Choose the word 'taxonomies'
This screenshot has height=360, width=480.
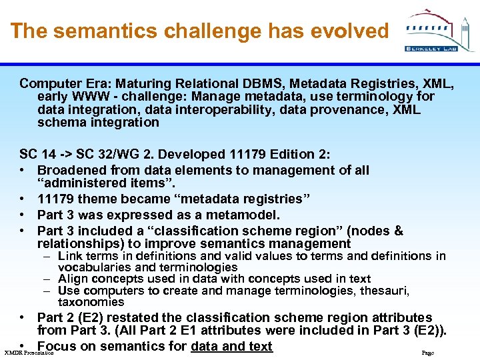(x=91, y=302)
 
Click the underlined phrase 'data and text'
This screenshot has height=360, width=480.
(x=231, y=346)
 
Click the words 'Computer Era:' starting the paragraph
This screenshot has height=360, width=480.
(x=63, y=84)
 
